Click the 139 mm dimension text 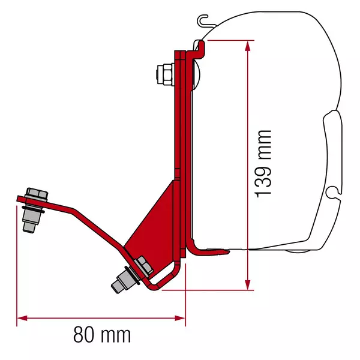click(x=263, y=163)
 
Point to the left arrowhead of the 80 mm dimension click(x=20, y=317)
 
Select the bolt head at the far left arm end click(x=35, y=196)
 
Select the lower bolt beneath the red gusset click(x=132, y=274)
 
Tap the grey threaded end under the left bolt click(x=28, y=223)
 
